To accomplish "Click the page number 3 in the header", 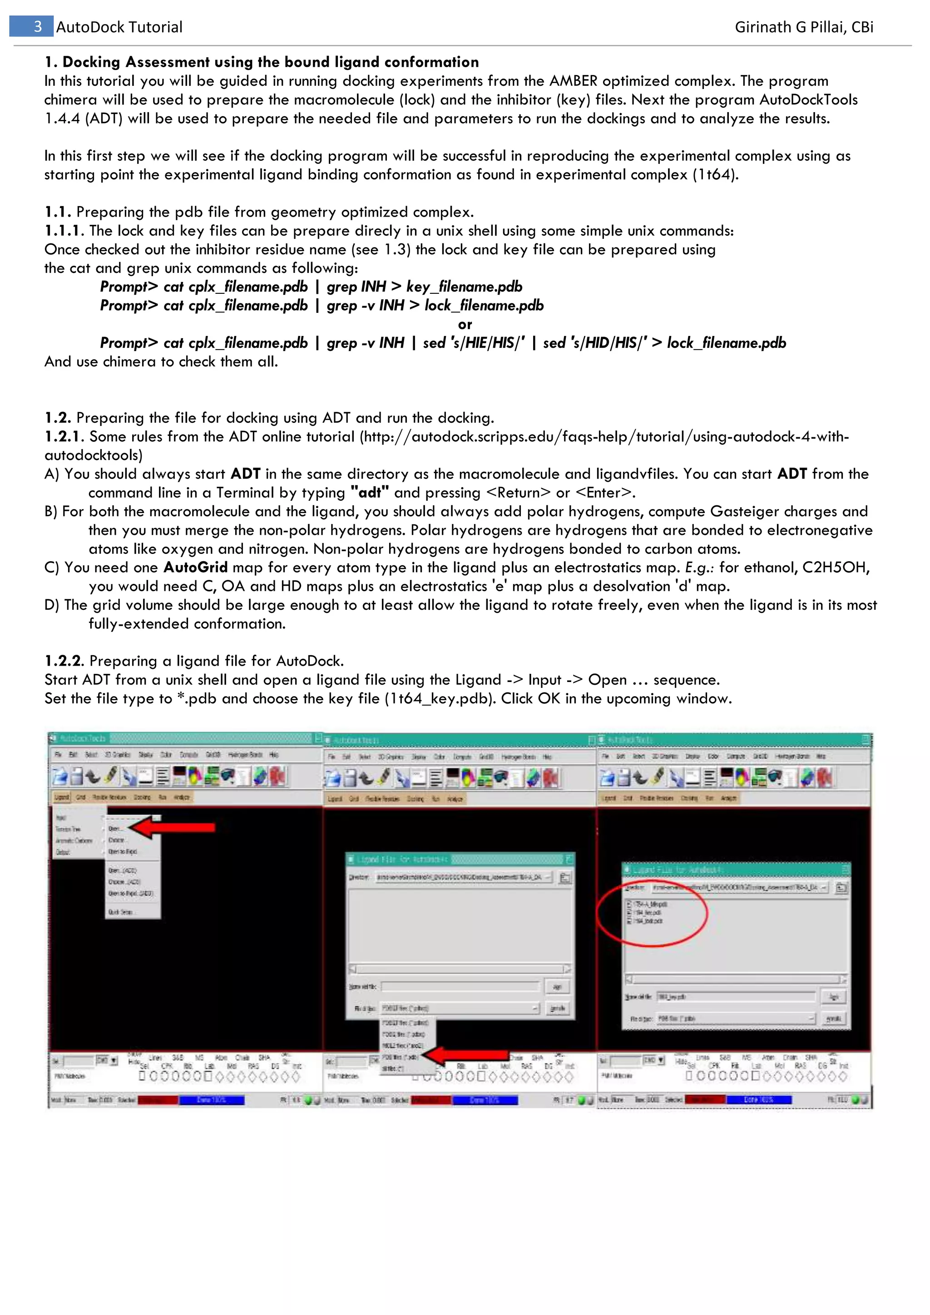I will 37,27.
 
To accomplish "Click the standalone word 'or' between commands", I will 465,324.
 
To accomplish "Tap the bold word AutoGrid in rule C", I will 195,568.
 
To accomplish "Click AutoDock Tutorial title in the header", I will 119,27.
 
